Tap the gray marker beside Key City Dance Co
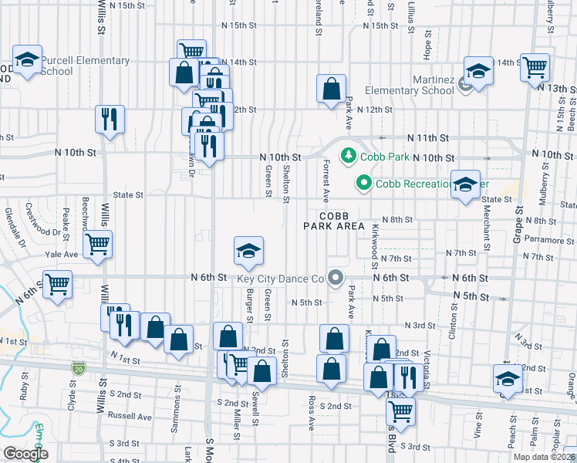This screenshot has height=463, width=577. click(x=335, y=278)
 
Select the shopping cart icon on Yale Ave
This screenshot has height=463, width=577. click(x=97, y=245)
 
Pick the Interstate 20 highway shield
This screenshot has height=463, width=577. click(x=79, y=370)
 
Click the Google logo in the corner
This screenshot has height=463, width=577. click(x=25, y=454)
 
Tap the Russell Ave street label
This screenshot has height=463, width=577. click(x=130, y=416)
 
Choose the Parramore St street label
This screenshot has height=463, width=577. click(x=548, y=240)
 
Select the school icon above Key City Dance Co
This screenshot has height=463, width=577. click(x=248, y=251)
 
